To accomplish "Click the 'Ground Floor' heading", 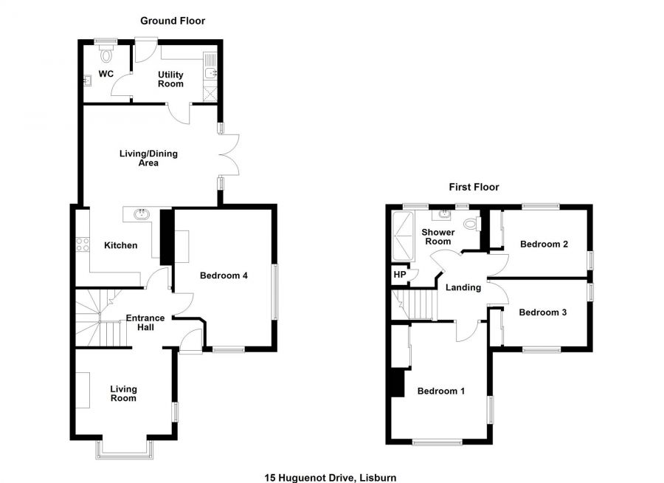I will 173,21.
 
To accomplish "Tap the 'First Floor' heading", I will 474,187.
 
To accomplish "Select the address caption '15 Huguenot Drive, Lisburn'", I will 336,478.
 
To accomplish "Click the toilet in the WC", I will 106,55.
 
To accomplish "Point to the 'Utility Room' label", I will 170,79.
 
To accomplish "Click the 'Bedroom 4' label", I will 224,275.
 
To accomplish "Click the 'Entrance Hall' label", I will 145,322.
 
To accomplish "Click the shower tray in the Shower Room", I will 403,232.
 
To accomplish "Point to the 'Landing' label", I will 463,287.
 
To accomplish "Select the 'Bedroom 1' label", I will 440,391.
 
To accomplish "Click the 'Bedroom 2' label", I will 543,244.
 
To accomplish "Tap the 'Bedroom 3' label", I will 542,312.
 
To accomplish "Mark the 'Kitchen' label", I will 120,245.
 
